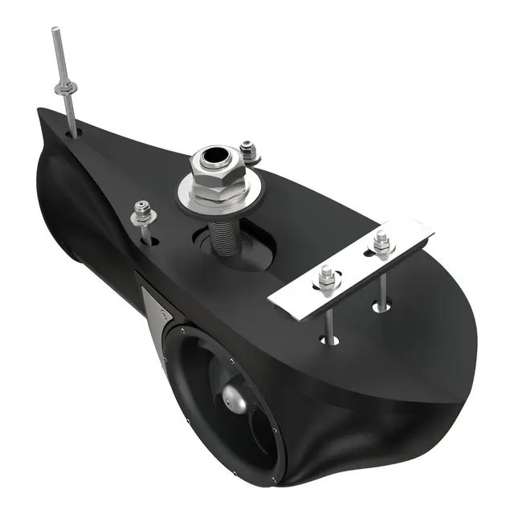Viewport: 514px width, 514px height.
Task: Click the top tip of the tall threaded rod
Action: coord(56,31)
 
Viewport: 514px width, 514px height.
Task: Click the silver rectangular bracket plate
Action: coord(353,265)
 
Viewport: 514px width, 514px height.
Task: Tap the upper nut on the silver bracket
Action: coord(381,240)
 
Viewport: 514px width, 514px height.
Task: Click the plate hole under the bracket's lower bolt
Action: coord(329,340)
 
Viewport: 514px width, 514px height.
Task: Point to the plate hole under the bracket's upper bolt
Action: coord(382,305)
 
